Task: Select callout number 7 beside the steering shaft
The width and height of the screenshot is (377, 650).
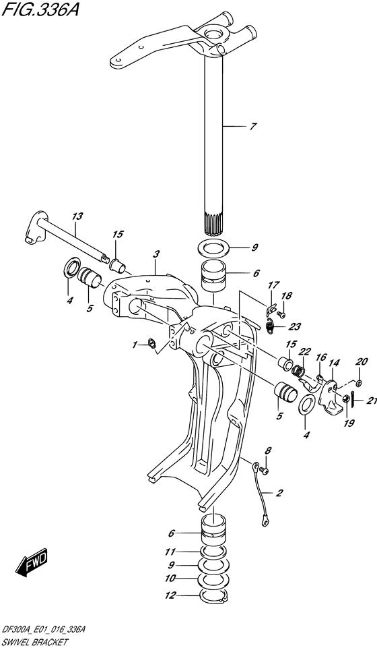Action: (252, 126)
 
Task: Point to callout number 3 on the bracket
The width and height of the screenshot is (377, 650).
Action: (156, 254)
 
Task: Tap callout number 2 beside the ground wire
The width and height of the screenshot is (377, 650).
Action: (279, 494)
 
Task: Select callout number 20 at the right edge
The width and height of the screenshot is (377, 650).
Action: (362, 361)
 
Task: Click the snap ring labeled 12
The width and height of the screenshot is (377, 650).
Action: (215, 595)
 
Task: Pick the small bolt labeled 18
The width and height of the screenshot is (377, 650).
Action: (281, 314)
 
